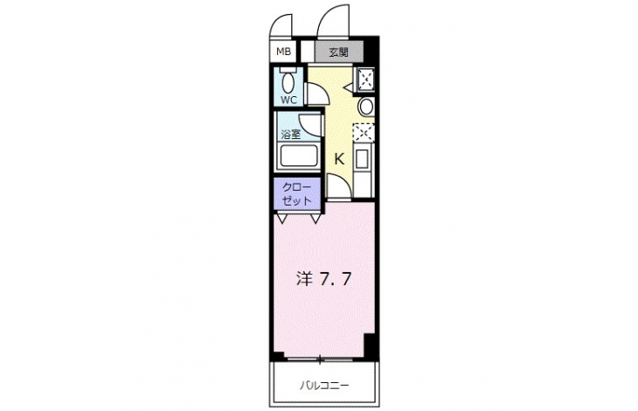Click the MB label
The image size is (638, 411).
[283, 52]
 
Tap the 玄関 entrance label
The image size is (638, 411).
[338, 52]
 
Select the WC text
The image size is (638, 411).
[289, 100]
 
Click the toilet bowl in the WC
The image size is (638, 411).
[288, 82]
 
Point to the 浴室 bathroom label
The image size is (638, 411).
[290, 134]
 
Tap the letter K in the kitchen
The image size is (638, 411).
[339, 158]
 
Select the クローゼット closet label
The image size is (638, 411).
[297, 194]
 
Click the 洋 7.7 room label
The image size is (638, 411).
[323, 279]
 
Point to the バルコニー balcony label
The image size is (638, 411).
[324, 385]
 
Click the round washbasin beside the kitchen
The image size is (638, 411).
[366, 107]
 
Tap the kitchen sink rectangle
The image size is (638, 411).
[362, 158]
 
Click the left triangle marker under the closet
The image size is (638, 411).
[281, 219]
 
